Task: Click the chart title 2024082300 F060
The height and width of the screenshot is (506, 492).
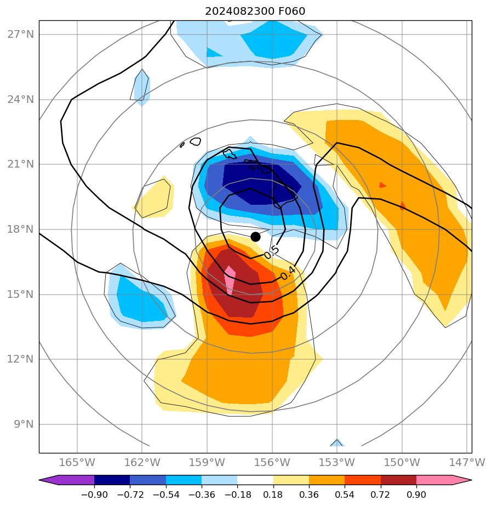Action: [x=255, y=12]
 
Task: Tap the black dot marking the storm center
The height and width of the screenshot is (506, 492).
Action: [x=255, y=237]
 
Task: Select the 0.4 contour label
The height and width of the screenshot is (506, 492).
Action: [x=288, y=272]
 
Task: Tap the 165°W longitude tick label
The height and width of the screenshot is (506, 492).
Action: [x=77, y=462]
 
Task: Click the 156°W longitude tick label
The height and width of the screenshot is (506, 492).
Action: [x=272, y=462]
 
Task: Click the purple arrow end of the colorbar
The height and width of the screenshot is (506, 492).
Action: [x=48, y=480]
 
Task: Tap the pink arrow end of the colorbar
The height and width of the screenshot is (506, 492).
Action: [x=462, y=480]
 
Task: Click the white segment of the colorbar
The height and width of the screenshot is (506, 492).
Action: [x=255, y=480]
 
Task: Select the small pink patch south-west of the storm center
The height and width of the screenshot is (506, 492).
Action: [x=230, y=279]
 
